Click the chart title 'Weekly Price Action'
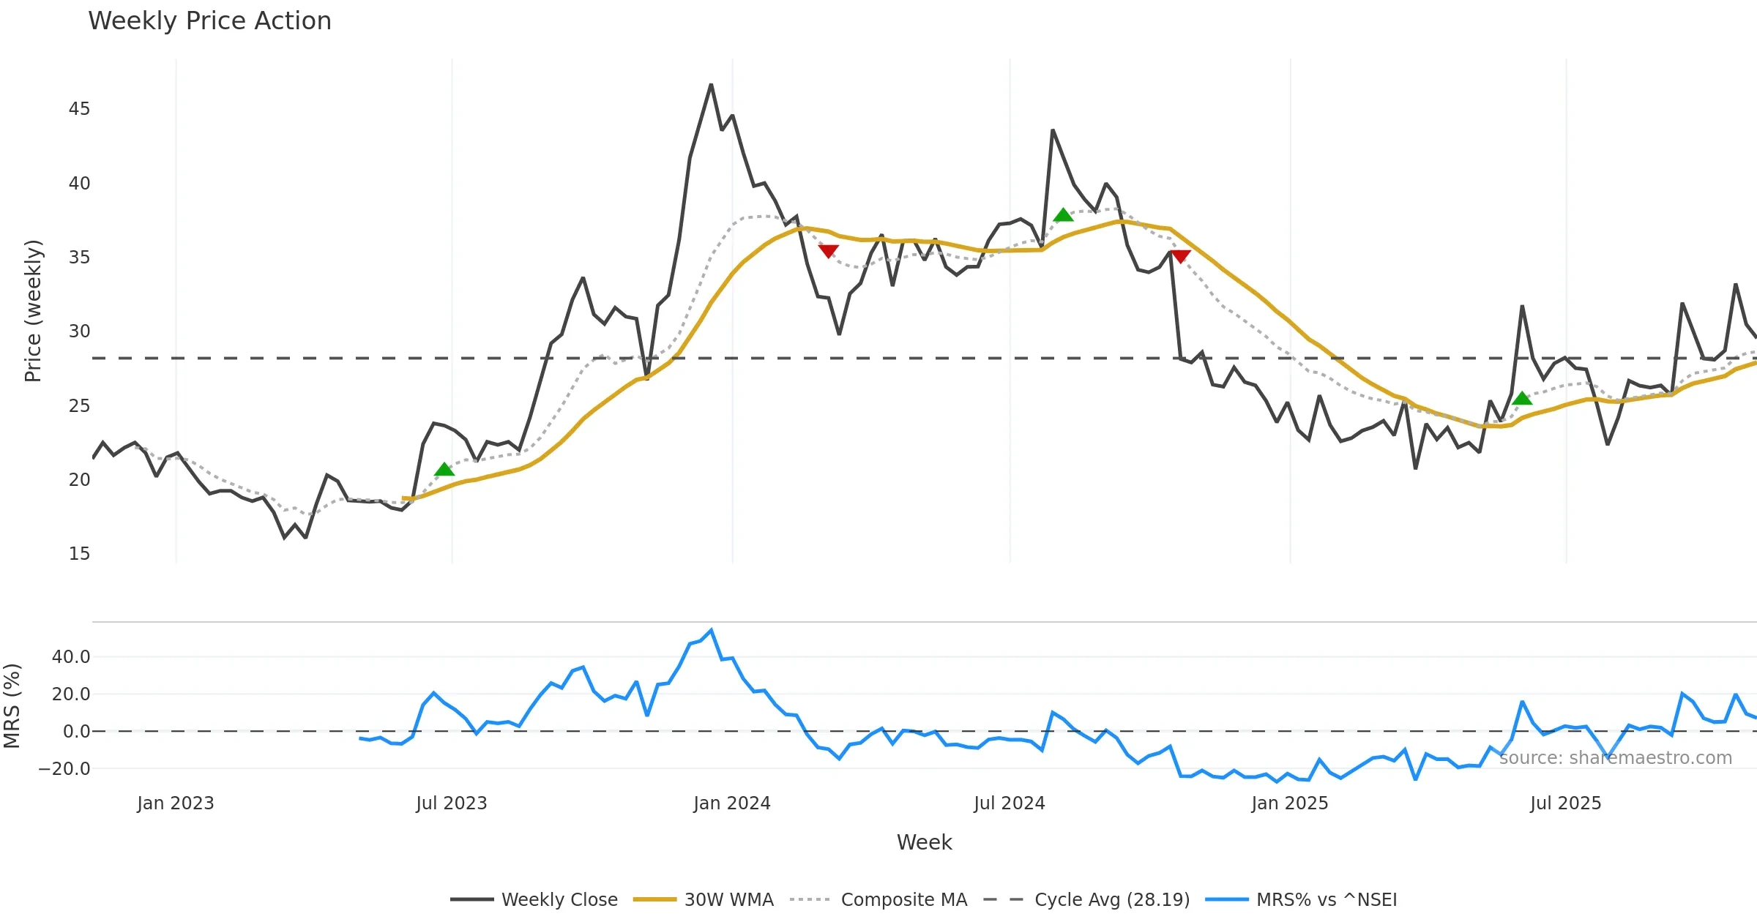point(209,21)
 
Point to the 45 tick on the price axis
point(79,109)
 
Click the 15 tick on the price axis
point(79,554)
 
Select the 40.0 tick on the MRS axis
point(71,657)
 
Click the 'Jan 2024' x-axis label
point(732,803)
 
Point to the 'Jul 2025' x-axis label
point(1565,803)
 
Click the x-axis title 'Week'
point(924,843)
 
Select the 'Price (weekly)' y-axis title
point(33,311)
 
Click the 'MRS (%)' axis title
point(12,706)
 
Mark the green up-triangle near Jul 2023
point(444,470)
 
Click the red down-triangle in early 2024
point(828,251)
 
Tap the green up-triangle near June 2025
point(1522,398)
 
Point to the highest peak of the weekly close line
point(711,85)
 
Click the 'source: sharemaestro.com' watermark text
point(1615,758)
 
